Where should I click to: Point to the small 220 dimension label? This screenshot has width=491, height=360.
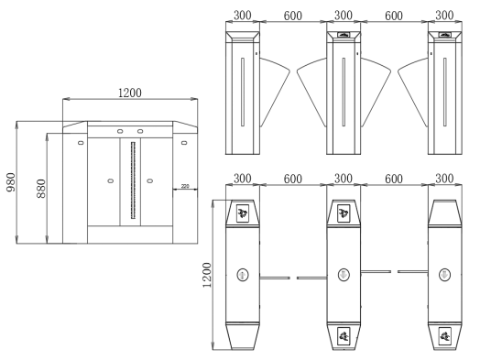point(185,187)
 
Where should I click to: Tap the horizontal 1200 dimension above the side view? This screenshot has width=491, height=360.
point(130,92)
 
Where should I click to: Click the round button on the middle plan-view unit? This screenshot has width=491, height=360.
point(344,273)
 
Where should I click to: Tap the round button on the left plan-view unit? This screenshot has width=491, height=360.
point(244,273)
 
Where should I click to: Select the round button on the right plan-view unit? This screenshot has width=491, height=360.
point(444,273)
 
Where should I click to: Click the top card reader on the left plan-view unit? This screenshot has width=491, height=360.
point(244,214)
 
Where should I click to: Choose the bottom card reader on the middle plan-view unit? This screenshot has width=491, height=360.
point(344,335)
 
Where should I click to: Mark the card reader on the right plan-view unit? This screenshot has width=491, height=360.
point(444,335)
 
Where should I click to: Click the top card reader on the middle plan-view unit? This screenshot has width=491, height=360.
point(344,214)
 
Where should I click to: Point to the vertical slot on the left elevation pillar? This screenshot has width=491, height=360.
point(242,92)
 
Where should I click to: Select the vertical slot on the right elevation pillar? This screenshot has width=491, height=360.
point(443,92)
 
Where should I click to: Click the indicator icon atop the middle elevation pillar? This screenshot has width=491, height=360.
point(344,35)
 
